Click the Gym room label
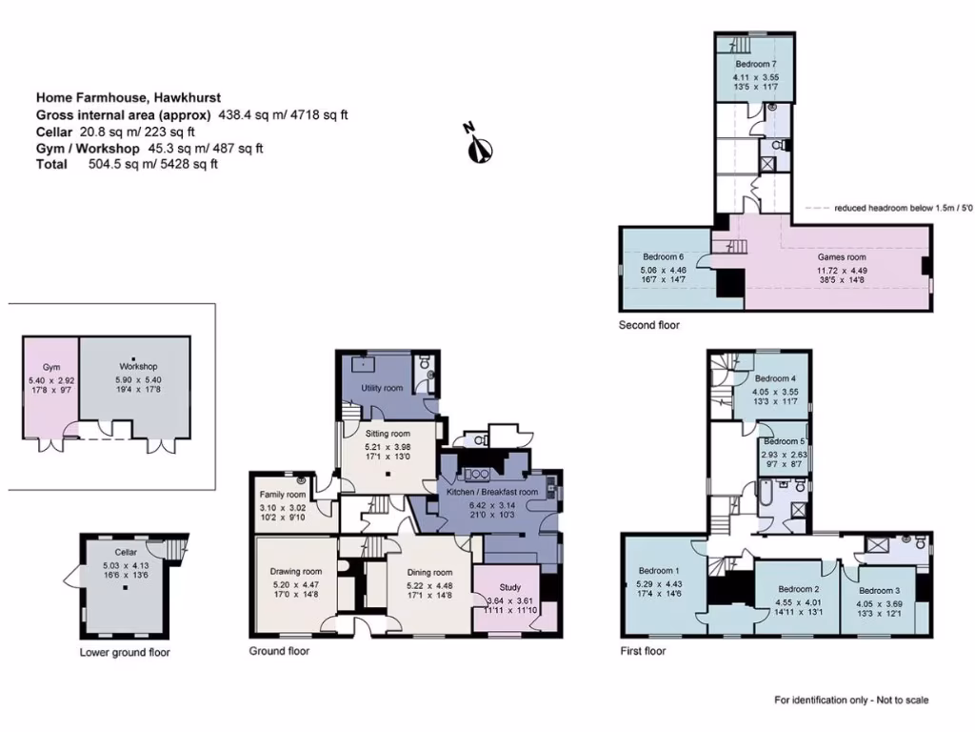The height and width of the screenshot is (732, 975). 50,367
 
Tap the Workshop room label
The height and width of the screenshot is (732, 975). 137,367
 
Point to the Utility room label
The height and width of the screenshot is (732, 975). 382,389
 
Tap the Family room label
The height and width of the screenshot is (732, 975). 283,496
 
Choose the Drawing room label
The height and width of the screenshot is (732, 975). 295,572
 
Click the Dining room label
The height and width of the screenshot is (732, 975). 429,573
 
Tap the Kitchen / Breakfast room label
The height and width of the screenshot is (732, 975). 492,492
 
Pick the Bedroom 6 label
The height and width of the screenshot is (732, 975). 664,257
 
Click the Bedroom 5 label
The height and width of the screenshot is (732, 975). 785,441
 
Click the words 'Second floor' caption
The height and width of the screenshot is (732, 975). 649,325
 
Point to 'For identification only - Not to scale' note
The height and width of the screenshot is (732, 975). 851,701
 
